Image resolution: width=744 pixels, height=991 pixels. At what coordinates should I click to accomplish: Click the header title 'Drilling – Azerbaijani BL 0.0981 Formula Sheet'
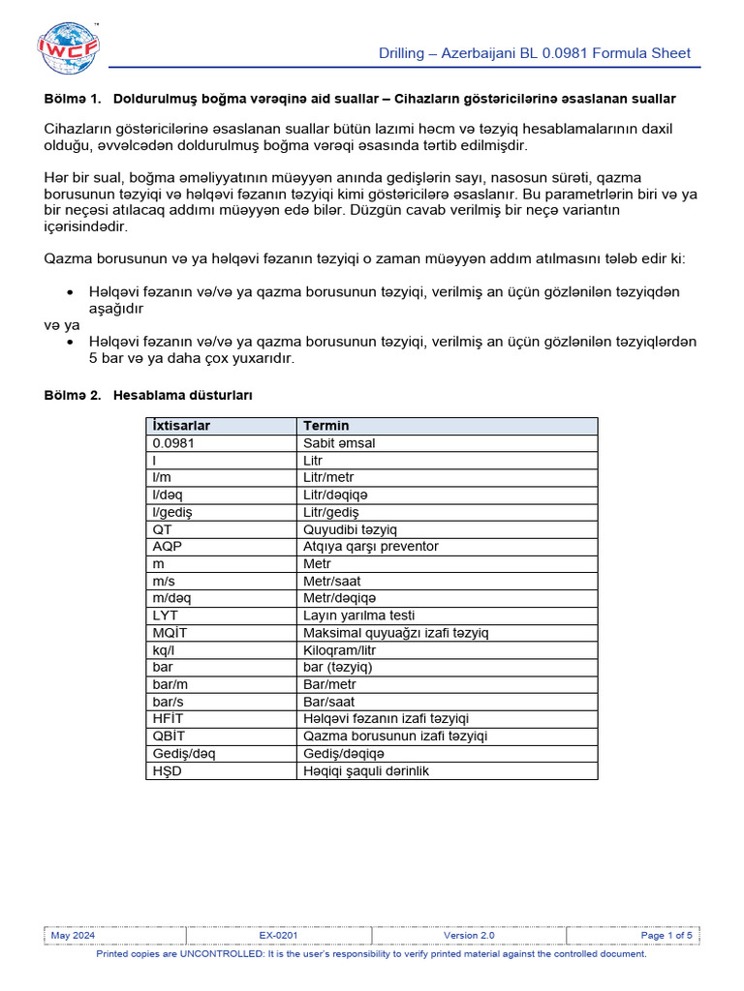(x=534, y=53)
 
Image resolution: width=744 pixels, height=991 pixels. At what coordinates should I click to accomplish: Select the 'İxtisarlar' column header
(x=181, y=426)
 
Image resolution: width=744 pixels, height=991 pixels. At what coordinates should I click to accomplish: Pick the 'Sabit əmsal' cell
(x=339, y=443)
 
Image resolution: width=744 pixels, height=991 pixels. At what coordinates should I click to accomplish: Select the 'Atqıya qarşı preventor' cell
(x=371, y=547)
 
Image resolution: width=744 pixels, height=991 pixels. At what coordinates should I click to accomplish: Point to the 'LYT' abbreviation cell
(x=166, y=616)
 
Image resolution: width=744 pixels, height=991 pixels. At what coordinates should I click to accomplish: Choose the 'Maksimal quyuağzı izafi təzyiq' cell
(x=396, y=633)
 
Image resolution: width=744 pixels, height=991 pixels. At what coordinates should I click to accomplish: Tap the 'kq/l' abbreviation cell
(x=165, y=650)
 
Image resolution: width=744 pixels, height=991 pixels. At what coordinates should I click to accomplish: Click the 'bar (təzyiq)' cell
(x=338, y=668)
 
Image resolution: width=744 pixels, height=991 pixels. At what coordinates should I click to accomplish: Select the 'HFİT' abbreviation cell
(x=169, y=719)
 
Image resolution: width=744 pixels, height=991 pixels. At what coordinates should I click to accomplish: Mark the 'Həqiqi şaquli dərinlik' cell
(x=366, y=771)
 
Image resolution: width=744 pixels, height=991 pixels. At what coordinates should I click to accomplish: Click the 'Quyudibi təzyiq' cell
(x=350, y=529)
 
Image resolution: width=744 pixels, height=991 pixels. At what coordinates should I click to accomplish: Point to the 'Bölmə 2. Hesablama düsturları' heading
(x=149, y=396)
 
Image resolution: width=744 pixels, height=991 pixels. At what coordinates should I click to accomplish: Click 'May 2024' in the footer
(x=73, y=936)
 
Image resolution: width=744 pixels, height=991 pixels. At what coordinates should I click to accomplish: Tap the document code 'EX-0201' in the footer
(x=278, y=936)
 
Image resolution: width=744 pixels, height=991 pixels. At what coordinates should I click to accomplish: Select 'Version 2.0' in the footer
(x=469, y=936)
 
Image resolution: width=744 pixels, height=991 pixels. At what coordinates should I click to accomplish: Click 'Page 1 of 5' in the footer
(x=666, y=936)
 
